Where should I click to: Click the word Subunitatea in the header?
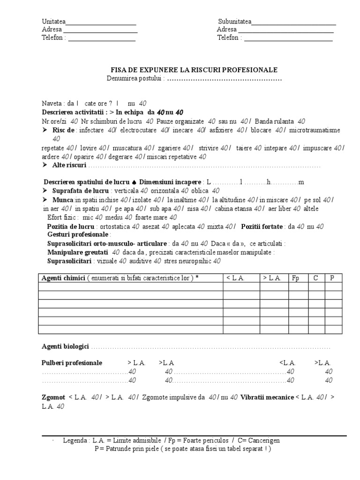click(235, 22)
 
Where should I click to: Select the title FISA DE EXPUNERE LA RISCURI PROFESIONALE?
click(194, 70)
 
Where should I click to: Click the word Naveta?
click(52, 104)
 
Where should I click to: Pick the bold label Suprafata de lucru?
click(78, 191)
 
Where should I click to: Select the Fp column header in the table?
click(296, 278)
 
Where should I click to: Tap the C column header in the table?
click(316, 278)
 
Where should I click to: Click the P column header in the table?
click(332, 278)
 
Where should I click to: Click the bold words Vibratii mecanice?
click(267, 397)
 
